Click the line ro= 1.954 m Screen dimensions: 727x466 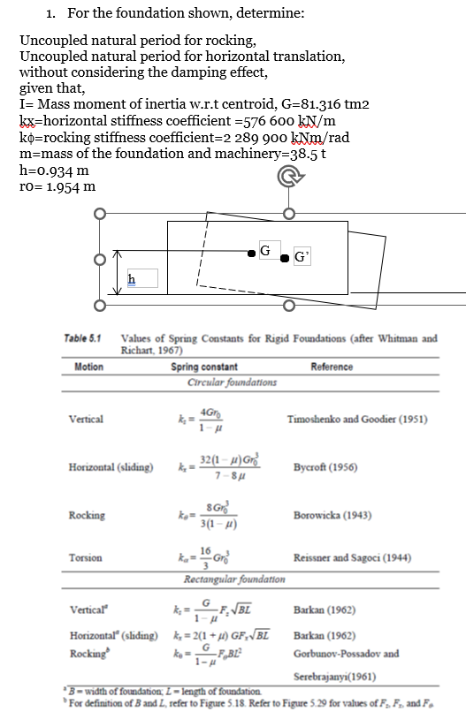[57, 186]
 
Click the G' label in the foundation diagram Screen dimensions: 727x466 [302, 258]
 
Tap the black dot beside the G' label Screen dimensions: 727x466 [285, 258]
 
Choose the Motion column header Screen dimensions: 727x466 [89, 367]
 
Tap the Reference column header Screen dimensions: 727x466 [332, 367]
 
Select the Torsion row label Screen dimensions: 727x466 [85, 557]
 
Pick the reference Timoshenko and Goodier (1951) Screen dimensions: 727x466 [357, 420]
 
